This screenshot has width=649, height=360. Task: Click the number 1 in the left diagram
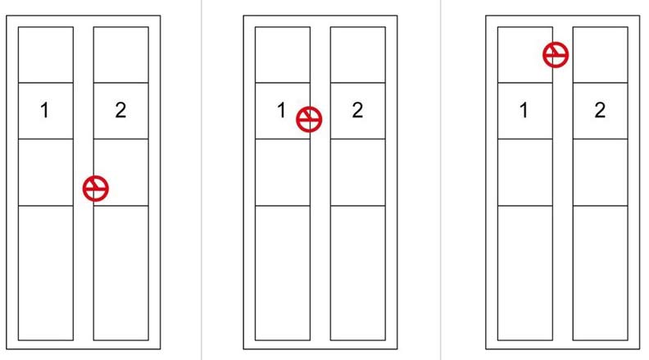(45, 110)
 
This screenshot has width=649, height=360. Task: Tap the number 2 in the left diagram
(120, 110)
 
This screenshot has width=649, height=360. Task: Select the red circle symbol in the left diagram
(96, 189)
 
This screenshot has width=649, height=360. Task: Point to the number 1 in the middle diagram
(281, 110)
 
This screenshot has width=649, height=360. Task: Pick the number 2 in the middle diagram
(357, 110)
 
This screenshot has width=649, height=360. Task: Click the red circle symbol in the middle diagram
(309, 119)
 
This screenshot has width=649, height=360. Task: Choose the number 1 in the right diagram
(524, 110)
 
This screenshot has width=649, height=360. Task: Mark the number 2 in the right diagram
(600, 110)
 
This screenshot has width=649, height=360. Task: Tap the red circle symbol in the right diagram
(556, 54)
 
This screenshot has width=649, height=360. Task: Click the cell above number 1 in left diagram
(46, 55)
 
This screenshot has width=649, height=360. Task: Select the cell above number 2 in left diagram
(120, 55)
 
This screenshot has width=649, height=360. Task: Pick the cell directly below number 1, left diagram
(46, 172)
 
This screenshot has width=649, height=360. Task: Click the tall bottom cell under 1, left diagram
(46, 273)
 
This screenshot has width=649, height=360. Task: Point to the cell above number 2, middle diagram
(357, 55)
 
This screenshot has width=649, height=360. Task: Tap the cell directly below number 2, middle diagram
(357, 172)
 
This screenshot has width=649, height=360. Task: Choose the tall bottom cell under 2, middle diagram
(357, 273)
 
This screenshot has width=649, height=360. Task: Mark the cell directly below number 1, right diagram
(524, 172)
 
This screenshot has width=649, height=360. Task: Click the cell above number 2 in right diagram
(600, 55)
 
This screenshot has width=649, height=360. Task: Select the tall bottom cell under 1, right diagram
(524, 273)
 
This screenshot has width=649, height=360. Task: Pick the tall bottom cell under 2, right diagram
(600, 273)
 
